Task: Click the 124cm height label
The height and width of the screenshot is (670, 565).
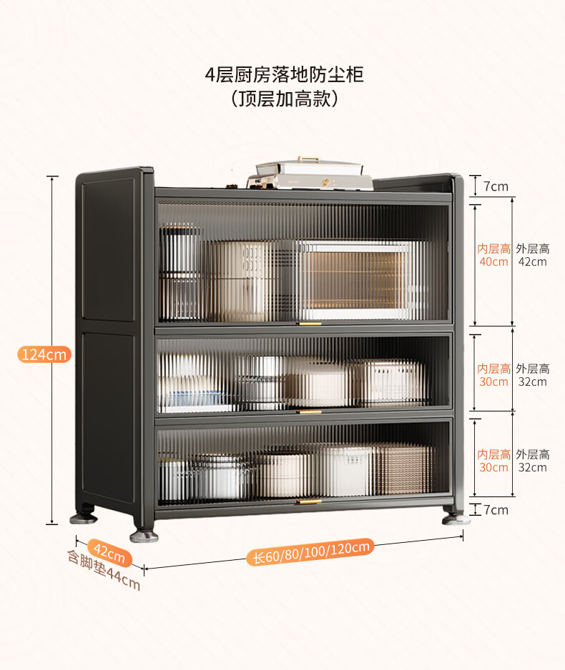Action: (44, 354)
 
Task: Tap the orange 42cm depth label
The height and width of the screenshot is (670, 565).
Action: (109, 552)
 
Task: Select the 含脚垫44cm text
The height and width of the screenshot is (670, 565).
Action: (104, 571)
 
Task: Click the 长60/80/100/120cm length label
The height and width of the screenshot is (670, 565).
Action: (310, 551)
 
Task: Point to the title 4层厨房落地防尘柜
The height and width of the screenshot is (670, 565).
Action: (284, 75)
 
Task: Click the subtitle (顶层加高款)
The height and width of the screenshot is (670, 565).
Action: (284, 99)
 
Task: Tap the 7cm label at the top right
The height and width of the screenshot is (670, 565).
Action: (496, 186)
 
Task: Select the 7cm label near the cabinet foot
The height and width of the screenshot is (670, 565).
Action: (496, 510)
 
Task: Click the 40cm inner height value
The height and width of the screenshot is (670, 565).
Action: (493, 261)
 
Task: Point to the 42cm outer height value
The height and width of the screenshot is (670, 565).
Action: (533, 261)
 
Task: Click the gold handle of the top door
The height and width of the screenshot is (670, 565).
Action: (309, 324)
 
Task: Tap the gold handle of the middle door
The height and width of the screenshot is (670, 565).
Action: (309, 412)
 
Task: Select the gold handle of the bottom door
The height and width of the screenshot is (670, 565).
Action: (308, 501)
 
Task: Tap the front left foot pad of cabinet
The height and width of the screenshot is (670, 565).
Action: (144, 536)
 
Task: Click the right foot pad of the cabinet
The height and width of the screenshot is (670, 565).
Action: (456, 519)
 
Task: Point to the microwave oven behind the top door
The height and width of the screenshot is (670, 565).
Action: (356, 280)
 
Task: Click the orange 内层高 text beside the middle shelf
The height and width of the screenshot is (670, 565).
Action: (494, 369)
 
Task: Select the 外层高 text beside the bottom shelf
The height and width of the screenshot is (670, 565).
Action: (533, 454)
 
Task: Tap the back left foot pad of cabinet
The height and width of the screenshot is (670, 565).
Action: (84, 519)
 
